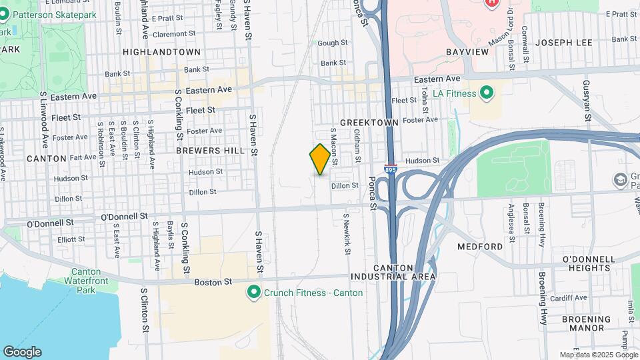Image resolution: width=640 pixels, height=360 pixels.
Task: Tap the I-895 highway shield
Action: pos(390,171)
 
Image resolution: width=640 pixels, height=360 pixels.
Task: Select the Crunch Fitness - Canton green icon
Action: pos(253,292)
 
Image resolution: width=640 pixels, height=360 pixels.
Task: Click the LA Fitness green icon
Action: pos(487,92)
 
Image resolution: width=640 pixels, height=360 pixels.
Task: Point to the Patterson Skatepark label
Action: pos(54,15)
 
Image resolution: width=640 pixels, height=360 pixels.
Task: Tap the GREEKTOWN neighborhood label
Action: pos(369,123)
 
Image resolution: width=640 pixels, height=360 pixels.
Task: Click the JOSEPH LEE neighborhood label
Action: pos(563,43)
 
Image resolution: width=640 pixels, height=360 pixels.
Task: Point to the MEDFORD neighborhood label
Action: pos(480,246)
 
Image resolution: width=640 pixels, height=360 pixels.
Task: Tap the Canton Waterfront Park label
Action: pos(86,280)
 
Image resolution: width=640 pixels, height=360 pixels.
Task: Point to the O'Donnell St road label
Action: pos(124,217)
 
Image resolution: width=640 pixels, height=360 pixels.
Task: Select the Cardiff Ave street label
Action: pos(573,297)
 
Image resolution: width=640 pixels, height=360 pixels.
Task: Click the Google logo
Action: pos(22,351)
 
